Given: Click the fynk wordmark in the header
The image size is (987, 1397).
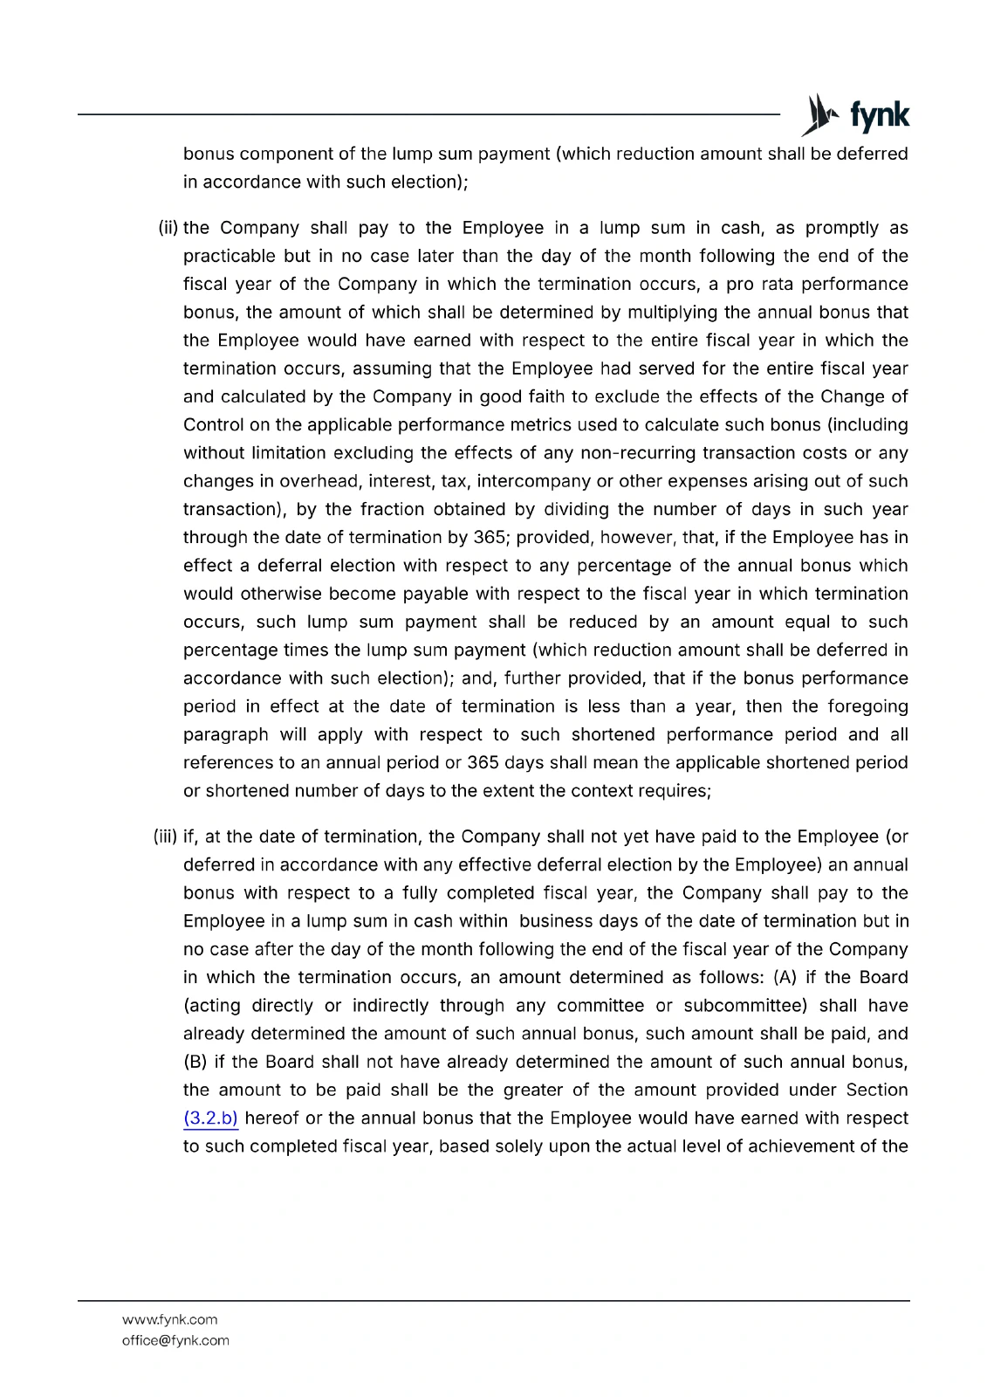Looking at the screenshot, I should (880, 115).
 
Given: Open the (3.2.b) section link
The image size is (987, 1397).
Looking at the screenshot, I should (210, 1118).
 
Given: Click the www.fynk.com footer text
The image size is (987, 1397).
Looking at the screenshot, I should (170, 1319).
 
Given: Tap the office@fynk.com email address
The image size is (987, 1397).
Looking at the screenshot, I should (175, 1340).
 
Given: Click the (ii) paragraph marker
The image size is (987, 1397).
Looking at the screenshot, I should (168, 228).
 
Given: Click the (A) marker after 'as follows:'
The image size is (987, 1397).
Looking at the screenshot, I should (785, 977).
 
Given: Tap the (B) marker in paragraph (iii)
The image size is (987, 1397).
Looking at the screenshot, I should (195, 1062).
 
